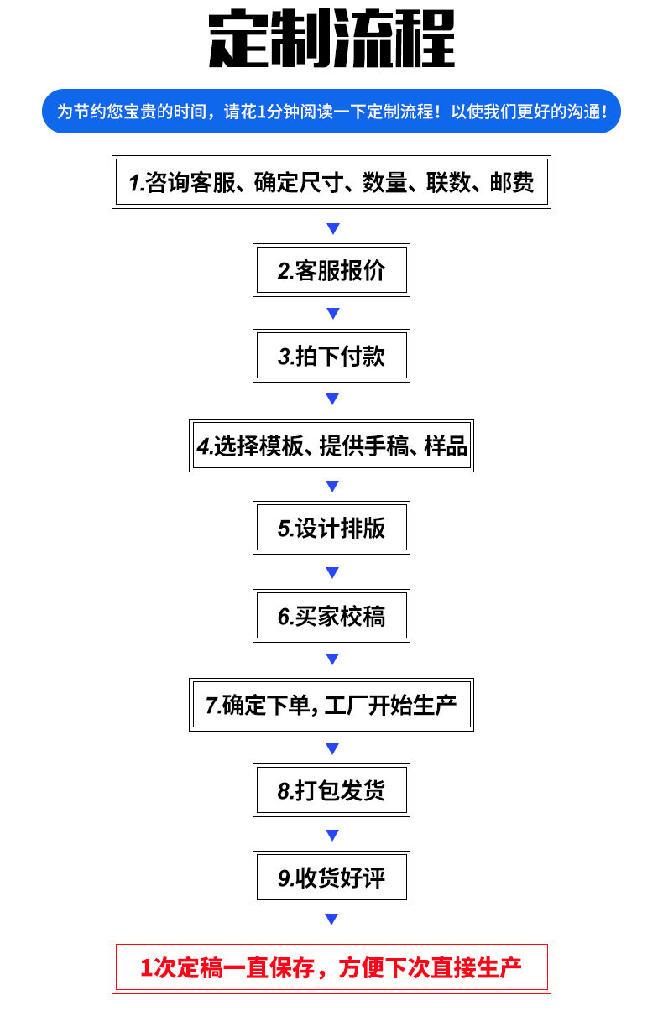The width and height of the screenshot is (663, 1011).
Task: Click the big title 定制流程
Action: click(x=331, y=39)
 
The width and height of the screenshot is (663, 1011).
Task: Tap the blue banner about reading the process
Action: click(x=331, y=111)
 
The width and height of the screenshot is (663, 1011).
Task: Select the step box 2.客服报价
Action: click(x=331, y=270)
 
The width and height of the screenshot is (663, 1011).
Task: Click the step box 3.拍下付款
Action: click(x=331, y=356)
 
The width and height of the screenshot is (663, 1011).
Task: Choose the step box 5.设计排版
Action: click(x=331, y=528)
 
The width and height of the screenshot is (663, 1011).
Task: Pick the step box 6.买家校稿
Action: click(x=331, y=616)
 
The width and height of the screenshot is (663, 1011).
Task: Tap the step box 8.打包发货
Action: click(x=331, y=790)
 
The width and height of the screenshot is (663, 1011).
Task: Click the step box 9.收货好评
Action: click(x=331, y=878)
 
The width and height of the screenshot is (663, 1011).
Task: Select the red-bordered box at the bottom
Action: click(x=331, y=967)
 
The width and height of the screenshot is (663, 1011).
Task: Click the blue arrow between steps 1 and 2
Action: click(x=333, y=228)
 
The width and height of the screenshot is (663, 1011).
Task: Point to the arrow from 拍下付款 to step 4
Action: click(x=332, y=399)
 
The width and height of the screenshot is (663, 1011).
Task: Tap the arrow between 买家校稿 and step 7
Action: click(x=332, y=659)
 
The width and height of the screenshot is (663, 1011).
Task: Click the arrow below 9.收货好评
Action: click(x=331, y=919)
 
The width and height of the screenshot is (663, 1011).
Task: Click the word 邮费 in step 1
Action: click(x=512, y=183)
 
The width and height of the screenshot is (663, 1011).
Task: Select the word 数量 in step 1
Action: click(x=384, y=183)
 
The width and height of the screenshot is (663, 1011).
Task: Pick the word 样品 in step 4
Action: click(x=446, y=446)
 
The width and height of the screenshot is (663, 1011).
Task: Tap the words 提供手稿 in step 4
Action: click(x=363, y=446)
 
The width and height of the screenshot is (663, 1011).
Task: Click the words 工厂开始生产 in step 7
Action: click(x=390, y=705)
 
